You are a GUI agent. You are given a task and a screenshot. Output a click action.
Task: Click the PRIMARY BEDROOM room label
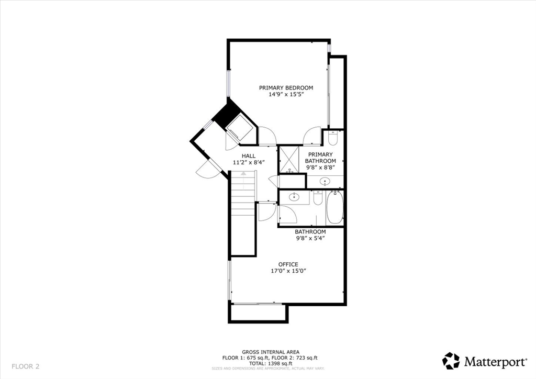286,87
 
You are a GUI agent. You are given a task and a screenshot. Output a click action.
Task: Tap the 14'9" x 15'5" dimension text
286,95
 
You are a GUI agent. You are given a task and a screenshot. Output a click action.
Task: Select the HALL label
249,156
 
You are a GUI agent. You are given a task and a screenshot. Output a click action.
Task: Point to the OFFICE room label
288,264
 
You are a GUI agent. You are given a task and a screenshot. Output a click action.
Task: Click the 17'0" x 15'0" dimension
288,271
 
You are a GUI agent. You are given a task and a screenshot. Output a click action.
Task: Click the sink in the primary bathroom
325,182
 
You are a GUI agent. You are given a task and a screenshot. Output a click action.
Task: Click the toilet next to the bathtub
318,199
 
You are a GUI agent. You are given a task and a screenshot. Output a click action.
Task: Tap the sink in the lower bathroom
294,197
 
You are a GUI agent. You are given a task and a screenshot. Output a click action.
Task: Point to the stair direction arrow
243,173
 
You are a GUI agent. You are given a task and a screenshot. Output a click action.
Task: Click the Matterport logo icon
451,361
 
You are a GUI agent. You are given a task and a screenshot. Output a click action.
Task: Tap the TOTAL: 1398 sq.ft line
271,363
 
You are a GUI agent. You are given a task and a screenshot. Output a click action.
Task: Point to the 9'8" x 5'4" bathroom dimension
310,238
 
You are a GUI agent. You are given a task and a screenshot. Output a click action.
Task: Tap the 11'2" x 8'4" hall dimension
249,163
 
